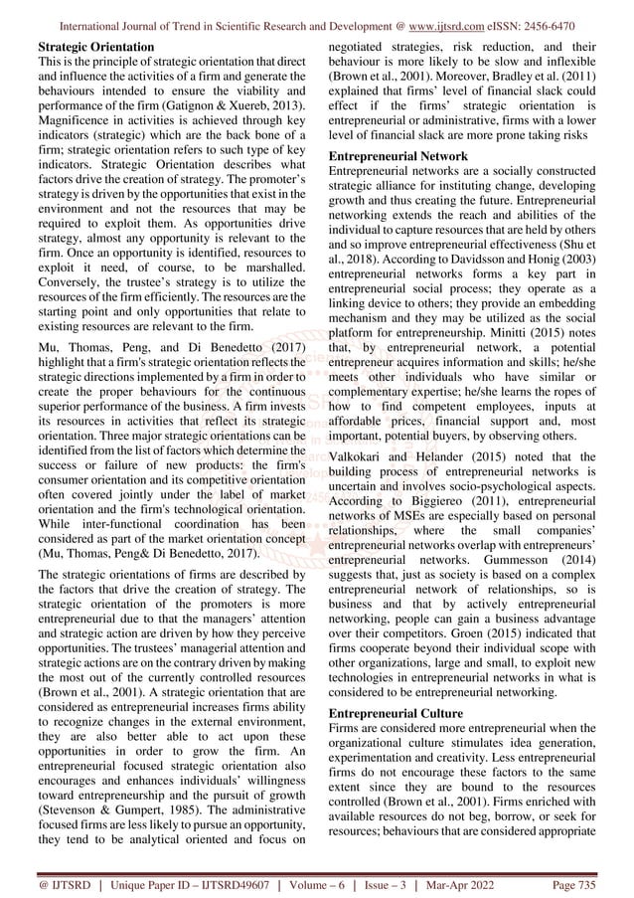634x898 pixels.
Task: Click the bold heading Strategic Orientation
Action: pos(95,47)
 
